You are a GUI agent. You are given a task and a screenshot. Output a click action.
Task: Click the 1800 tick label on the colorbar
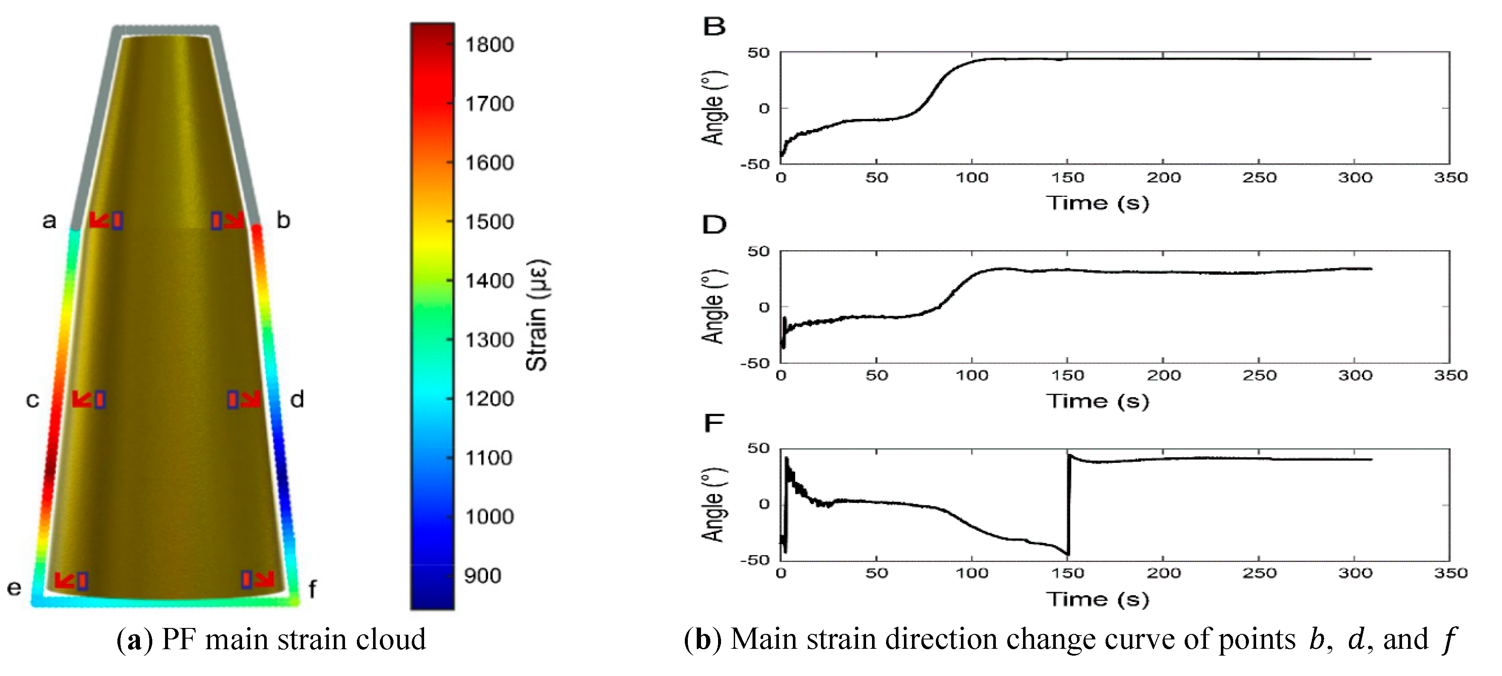pos(489,45)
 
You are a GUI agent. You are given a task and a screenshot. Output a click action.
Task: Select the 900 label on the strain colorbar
pos(482,576)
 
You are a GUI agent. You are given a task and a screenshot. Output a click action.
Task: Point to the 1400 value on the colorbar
pos(489,281)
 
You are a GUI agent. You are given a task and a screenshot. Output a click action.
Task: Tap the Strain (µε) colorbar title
pos(537,315)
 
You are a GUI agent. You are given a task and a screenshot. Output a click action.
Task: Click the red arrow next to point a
pos(99,220)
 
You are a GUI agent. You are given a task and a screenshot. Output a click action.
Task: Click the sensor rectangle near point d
pos(233,399)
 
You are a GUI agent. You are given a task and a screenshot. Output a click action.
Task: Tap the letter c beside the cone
pos(33,400)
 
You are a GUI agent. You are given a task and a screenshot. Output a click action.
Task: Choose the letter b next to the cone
pos(283,220)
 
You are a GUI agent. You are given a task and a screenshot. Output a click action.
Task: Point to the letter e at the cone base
pos(14,588)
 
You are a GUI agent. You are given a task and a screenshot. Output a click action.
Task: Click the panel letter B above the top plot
pos(714,27)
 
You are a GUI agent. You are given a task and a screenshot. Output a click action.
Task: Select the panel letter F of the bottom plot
pos(714,423)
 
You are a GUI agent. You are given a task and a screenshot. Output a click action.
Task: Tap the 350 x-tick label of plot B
pos(1450,177)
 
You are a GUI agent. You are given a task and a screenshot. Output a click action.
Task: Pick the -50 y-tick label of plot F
pos(755,560)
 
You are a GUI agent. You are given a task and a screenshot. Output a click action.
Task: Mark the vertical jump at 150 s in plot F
pos(1068,504)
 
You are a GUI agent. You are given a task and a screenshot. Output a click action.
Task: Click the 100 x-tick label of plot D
pos(972,375)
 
